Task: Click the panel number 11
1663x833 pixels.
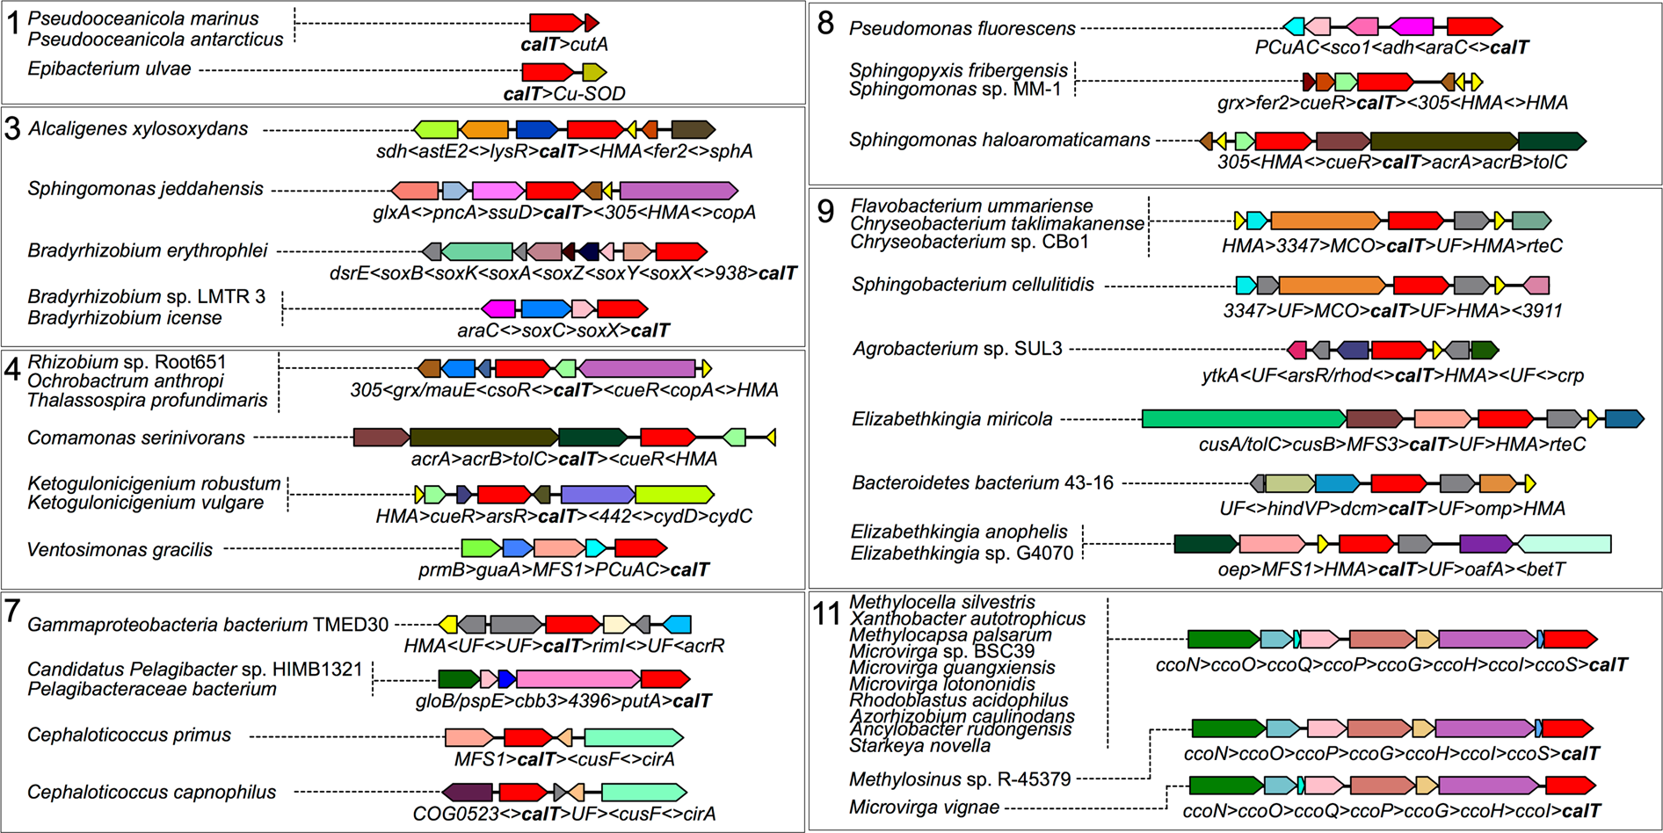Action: point(826,613)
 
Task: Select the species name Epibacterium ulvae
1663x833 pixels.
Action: point(109,69)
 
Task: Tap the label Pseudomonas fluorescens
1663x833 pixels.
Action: point(962,29)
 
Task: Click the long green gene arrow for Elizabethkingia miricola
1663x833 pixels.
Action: point(1243,419)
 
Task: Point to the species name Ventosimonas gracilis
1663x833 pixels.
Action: point(120,550)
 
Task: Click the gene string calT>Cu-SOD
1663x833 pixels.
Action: point(563,93)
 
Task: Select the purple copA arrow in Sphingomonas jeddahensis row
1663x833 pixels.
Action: point(679,191)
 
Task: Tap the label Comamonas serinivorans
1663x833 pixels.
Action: point(136,438)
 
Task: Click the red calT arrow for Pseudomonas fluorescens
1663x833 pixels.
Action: point(1474,26)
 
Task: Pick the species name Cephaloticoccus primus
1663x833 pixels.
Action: point(129,735)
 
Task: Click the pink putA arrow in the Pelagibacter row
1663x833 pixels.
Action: point(578,678)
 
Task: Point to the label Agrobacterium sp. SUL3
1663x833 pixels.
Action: point(957,349)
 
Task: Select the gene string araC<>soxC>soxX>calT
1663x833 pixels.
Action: point(563,330)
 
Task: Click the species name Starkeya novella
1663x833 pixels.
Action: point(919,746)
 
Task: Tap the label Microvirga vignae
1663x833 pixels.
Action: point(924,808)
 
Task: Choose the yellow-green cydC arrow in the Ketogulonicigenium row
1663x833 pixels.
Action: point(674,495)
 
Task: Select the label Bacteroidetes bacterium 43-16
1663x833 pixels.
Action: point(982,483)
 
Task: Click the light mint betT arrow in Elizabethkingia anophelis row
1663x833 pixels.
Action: point(1565,544)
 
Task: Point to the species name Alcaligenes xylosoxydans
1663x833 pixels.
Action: point(138,129)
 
